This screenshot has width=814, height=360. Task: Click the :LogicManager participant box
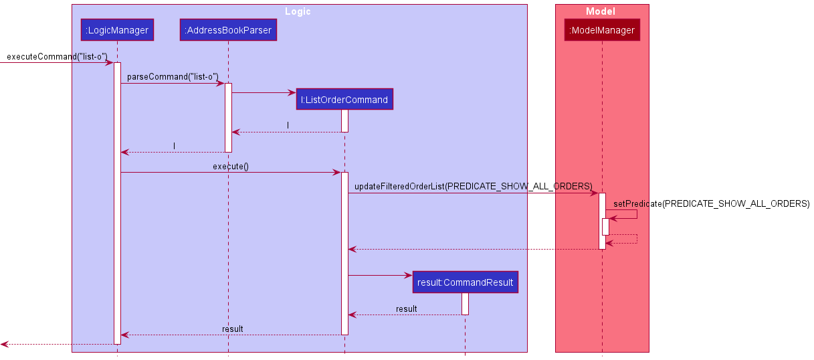(117, 30)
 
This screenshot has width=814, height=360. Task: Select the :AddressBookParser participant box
(228, 30)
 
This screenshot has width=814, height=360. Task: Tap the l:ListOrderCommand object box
(344, 100)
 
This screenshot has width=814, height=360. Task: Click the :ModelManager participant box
(602, 30)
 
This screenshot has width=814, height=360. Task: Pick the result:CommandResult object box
(465, 282)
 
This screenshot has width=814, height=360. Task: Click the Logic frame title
(298, 11)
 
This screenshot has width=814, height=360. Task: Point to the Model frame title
(600, 11)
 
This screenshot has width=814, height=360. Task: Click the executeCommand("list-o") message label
(57, 57)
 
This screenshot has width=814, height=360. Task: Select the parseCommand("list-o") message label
(173, 77)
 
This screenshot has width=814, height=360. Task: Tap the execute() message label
(230, 166)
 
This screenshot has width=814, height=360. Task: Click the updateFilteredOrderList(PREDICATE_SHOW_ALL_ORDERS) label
(473, 186)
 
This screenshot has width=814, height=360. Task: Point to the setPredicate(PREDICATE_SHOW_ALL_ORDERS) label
(711, 203)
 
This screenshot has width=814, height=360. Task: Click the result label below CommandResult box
(406, 308)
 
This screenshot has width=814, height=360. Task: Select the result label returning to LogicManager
(232, 329)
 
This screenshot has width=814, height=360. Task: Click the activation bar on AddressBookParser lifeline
(228, 117)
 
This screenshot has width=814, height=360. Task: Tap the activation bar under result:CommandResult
(465, 304)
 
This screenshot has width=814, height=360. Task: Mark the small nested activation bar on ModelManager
(605, 226)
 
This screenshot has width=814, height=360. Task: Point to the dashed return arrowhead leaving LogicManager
(4, 344)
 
